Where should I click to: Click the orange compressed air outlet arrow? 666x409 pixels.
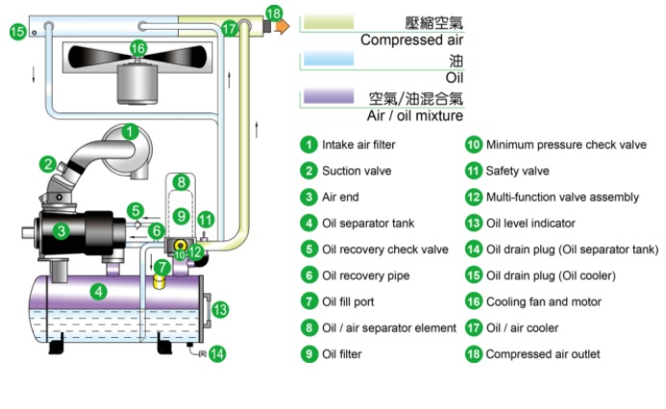click(x=281, y=27)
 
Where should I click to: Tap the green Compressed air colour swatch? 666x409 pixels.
click(x=327, y=21)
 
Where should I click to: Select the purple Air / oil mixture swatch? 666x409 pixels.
click(x=327, y=97)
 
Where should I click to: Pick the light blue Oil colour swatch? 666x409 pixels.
click(x=327, y=60)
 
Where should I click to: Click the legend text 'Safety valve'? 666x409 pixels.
click(x=517, y=171)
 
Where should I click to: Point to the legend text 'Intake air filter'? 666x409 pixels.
click(x=358, y=145)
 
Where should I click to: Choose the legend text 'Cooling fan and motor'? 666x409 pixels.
click(x=544, y=301)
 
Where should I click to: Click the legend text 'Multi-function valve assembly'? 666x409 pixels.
click(x=562, y=197)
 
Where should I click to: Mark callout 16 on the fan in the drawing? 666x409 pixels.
click(x=138, y=47)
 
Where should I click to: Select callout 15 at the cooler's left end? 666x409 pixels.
click(x=17, y=32)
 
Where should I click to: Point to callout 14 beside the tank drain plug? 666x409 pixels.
click(x=217, y=353)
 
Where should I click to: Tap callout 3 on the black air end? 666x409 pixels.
click(x=61, y=230)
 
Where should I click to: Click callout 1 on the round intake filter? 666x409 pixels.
click(x=132, y=132)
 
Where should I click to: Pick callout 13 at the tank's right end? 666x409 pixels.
click(x=219, y=309)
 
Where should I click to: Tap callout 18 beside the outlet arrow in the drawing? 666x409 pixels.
click(x=274, y=13)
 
